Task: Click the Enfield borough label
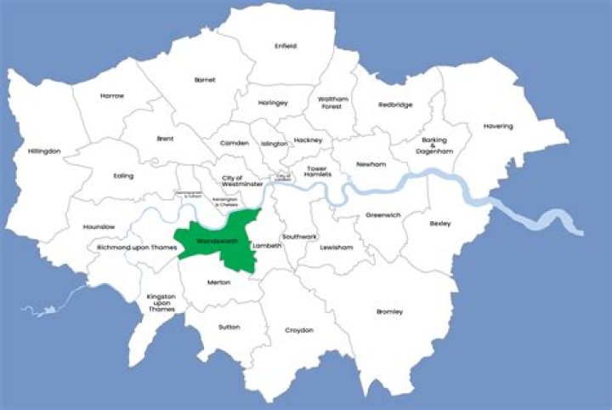(286, 46)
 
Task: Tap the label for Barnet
(205, 79)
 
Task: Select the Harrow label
(111, 95)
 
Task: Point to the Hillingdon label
(44, 151)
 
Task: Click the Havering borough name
(498, 126)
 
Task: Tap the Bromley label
(390, 311)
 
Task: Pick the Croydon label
(299, 330)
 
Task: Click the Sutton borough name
(229, 327)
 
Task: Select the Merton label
(218, 282)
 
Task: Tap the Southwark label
(298, 236)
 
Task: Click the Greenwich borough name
(382, 215)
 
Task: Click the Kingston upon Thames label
(161, 302)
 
